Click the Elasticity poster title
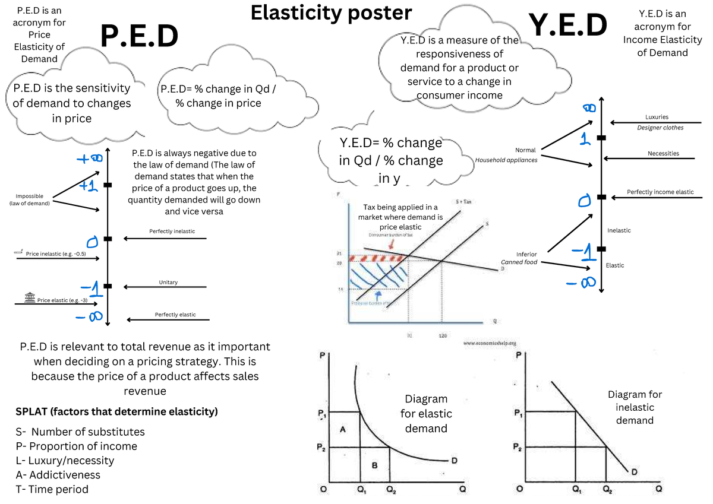coord(331,12)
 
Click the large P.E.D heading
coord(140,36)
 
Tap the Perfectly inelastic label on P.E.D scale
coord(172,231)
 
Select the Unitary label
coord(168,282)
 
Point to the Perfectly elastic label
coord(175,314)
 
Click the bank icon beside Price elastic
coord(30,299)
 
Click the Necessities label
coord(663,153)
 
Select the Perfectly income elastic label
coord(660,192)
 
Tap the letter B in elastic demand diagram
coord(374,465)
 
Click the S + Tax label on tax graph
coord(463,202)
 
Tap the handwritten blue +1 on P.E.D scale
coord(89,186)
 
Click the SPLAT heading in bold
coord(116,411)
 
